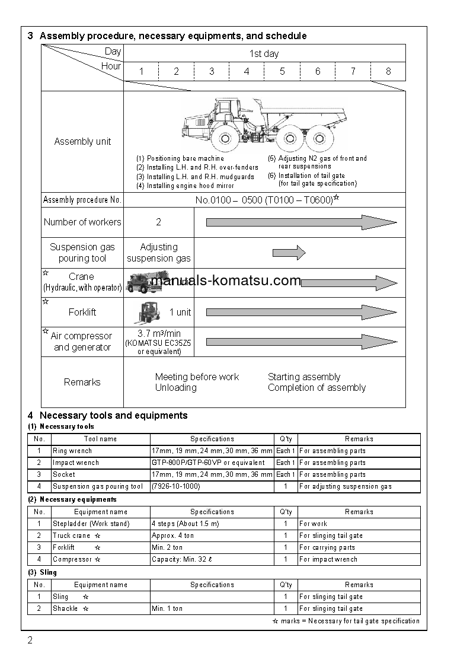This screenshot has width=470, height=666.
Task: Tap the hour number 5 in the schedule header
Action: tap(282, 71)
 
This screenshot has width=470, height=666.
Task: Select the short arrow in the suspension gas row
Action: tap(289, 253)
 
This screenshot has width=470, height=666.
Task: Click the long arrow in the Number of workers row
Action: tap(301, 222)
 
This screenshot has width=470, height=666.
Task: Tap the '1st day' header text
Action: tap(264, 53)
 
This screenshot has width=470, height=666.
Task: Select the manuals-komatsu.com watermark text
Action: tap(226, 281)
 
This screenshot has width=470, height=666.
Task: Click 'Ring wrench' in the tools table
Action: tap(72, 451)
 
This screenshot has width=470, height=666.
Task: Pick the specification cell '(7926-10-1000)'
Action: tap(176, 486)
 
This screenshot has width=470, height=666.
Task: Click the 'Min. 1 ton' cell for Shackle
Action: tap(167, 608)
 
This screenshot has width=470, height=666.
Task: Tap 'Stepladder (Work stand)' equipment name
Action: tap(91, 524)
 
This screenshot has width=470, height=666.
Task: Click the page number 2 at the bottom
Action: tap(30, 640)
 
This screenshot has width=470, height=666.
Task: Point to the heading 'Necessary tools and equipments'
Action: tap(113, 415)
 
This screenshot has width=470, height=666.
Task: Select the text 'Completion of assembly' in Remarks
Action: tap(316, 388)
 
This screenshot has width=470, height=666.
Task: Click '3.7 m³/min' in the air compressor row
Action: tap(159, 334)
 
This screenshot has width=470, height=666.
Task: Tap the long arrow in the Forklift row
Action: tap(301, 313)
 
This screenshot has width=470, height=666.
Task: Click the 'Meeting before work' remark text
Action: tap(197, 377)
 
